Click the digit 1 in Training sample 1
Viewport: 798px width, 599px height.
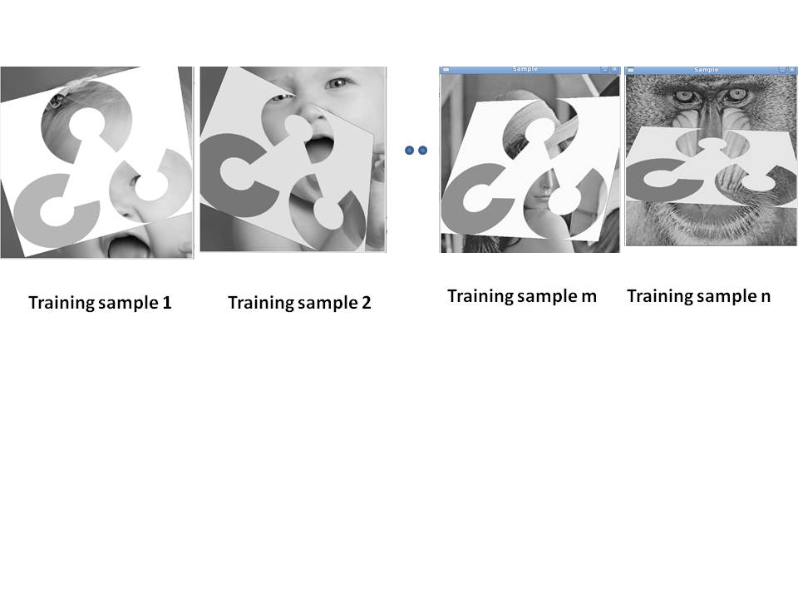coord(166,303)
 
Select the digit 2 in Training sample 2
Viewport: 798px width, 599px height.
coord(366,303)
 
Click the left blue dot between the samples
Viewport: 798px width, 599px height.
coord(409,151)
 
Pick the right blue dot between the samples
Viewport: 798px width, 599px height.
coord(422,151)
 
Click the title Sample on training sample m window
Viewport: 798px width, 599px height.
coord(525,69)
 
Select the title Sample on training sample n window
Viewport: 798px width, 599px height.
coord(706,70)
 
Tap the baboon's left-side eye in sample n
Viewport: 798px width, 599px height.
coord(682,95)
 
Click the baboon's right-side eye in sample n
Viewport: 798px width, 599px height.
coord(736,94)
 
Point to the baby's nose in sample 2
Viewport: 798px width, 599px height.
coord(314,115)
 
